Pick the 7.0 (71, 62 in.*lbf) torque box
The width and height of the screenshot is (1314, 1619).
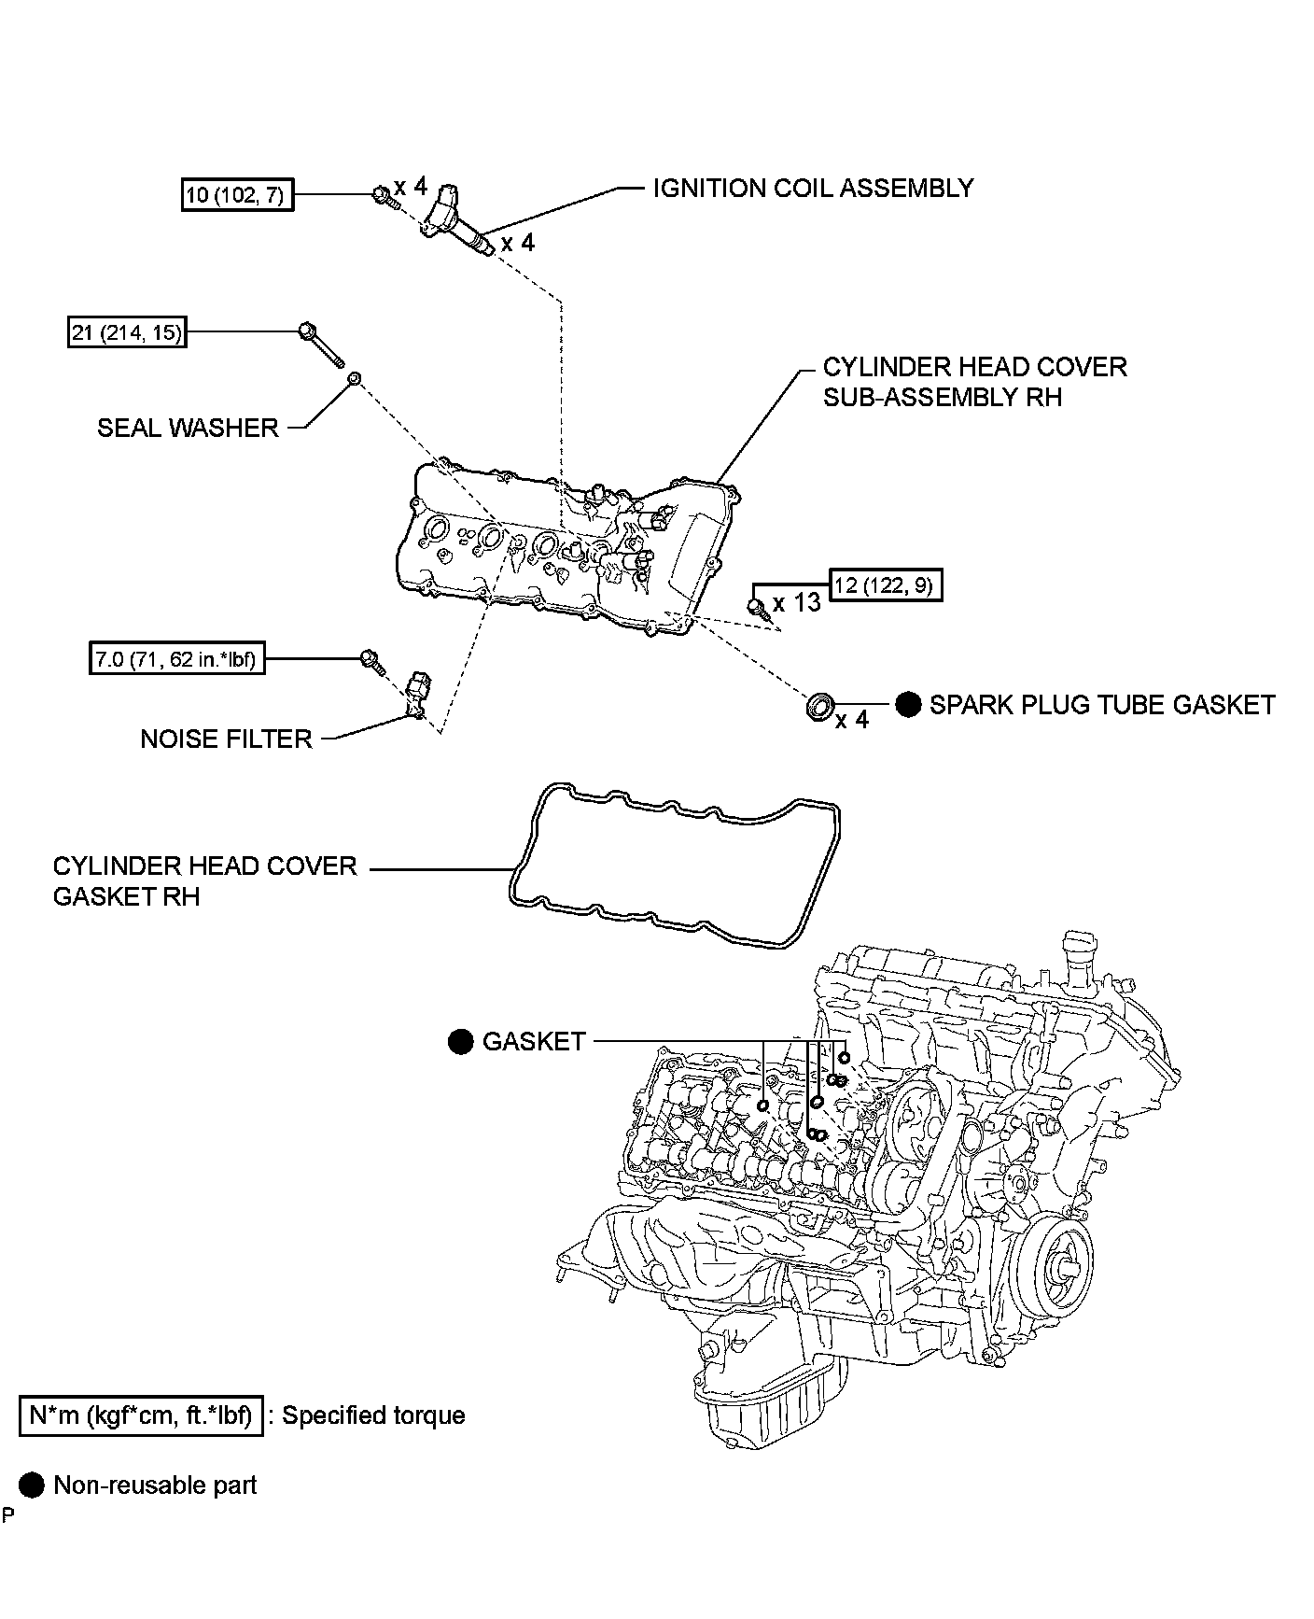pyautogui.click(x=175, y=660)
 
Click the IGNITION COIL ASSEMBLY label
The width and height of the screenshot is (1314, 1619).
pyautogui.click(x=813, y=189)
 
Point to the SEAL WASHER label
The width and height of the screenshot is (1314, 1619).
pyautogui.click(x=188, y=428)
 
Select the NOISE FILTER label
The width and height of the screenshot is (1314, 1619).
pyautogui.click(x=226, y=739)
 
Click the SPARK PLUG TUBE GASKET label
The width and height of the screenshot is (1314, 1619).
pyautogui.click(x=1101, y=705)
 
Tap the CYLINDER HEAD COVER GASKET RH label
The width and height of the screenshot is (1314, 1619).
pyautogui.click(x=204, y=880)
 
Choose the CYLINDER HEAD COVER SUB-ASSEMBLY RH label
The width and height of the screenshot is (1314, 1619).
pyautogui.click(x=974, y=382)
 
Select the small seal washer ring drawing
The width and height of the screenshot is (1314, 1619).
pyautogui.click(x=355, y=378)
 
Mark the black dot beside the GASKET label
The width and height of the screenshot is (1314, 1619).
pyautogui.click(x=461, y=1042)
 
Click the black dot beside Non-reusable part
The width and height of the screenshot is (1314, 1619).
pyautogui.click(x=32, y=1485)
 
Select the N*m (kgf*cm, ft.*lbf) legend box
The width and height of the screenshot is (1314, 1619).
pyautogui.click(x=141, y=1416)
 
